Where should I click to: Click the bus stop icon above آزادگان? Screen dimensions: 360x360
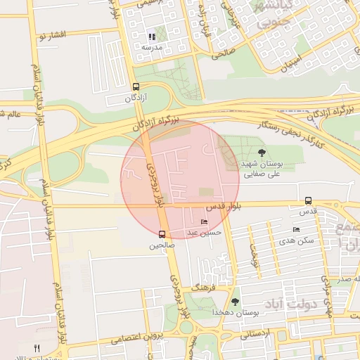136,87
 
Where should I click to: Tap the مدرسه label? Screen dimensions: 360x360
152,47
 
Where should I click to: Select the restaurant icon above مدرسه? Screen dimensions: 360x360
152,36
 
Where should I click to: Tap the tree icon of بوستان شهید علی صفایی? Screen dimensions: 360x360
262,153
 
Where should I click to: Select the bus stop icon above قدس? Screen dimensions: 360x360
308,200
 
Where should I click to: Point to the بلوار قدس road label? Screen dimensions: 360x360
224,207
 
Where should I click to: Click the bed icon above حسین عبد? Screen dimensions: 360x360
205,222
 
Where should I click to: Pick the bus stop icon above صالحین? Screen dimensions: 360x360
162,234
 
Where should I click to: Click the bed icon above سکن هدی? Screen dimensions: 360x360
296,230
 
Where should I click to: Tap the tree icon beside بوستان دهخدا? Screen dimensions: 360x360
235,302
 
